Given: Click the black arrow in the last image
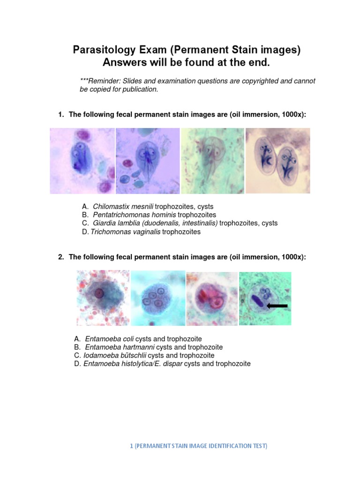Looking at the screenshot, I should click(277, 306).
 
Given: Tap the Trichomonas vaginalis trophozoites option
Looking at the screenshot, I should click(145, 232).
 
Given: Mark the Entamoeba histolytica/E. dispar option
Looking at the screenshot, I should click(167, 364).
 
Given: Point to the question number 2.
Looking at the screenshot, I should click(60, 257).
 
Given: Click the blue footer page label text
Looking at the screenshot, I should click(199, 446).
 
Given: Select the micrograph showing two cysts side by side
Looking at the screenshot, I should click(277, 161).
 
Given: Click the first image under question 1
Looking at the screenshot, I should click(82, 161).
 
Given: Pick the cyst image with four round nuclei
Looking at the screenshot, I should click(157, 298).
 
